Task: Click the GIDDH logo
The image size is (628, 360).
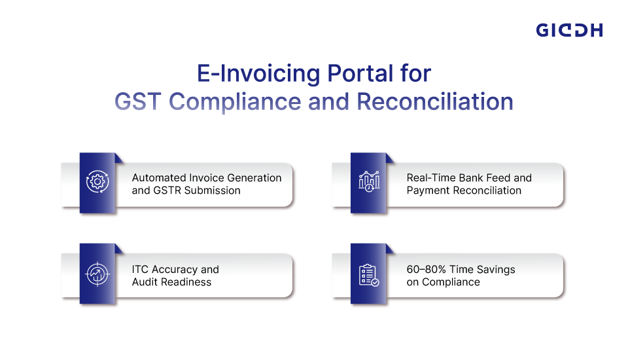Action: tap(569, 30)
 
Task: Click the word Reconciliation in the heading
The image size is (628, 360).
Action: tap(434, 103)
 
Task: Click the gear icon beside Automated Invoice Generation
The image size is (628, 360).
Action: tap(97, 183)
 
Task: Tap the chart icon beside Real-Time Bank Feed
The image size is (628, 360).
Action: tap(368, 183)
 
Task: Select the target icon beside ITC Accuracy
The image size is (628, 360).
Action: tap(97, 274)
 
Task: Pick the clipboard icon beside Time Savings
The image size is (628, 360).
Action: tap(368, 274)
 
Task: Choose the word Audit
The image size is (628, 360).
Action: tap(145, 282)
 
